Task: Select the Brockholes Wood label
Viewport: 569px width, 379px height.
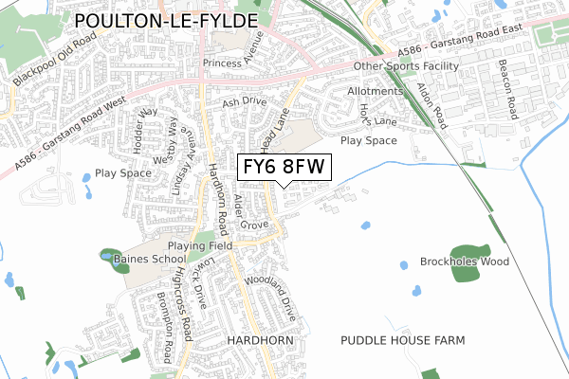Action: (465, 262)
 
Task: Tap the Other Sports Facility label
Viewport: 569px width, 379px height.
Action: (406, 66)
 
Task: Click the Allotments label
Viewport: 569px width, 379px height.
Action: (376, 91)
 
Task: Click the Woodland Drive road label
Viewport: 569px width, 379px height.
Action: (271, 295)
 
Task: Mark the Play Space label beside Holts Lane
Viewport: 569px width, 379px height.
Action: (368, 140)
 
